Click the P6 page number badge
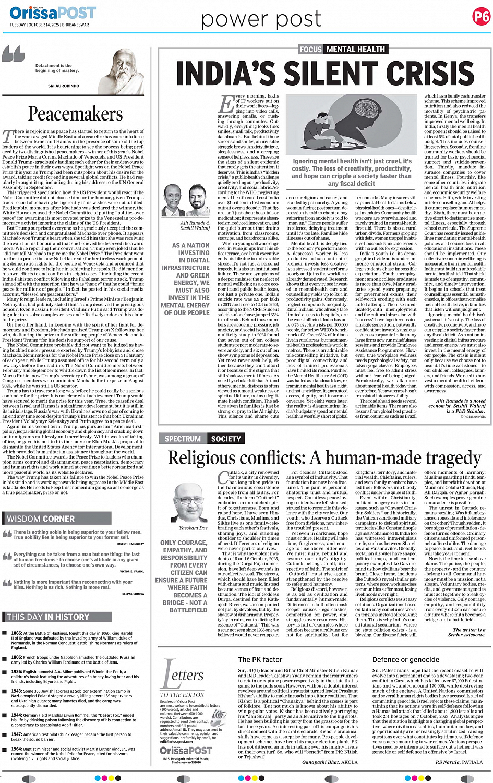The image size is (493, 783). tap(481, 17)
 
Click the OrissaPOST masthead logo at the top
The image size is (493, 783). tap(52, 13)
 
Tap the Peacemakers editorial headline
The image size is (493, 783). tap(75, 114)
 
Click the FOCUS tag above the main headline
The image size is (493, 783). tap(310, 49)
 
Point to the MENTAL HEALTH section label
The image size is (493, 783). tap(356, 49)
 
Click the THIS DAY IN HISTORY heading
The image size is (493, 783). tap(48, 617)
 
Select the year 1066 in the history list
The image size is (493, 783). tap(16, 633)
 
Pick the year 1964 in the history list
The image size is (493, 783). tap(16, 749)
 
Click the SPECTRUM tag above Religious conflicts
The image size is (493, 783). tap(183, 439)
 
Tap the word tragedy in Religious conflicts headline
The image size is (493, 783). tap(452, 458)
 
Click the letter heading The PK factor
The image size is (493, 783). tap(260, 659)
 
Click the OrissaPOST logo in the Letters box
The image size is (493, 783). tap(186, 750)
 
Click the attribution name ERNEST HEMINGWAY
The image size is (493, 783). tap(130, 544)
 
